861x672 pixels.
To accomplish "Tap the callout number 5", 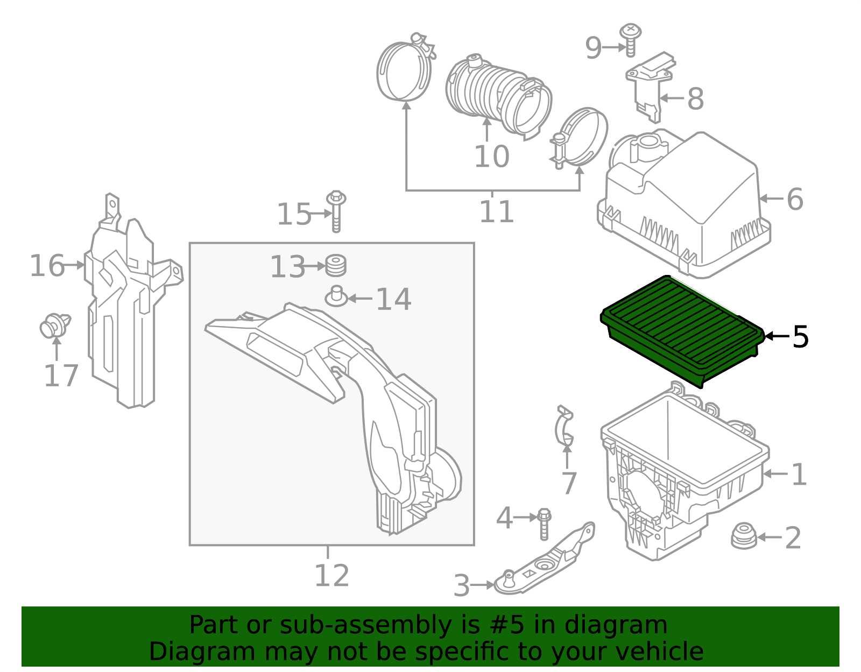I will click(800, 337).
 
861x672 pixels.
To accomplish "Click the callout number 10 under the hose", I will click(491, 157).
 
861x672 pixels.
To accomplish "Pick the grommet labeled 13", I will click(336, 266).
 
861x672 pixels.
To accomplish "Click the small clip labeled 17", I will click(54, 326).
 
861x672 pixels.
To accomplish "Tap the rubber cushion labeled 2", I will click(744, 536).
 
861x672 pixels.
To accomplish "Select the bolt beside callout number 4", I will click(544, 522).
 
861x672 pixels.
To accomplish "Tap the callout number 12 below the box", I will click(331, 576).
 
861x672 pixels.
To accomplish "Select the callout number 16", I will click(47, 266).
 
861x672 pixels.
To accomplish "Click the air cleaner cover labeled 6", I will click(683, 204).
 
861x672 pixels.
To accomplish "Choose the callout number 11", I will click(496, 212).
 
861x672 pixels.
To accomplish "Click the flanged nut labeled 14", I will click(337, 296).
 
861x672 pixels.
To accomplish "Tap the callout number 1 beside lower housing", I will click(799, 475).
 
